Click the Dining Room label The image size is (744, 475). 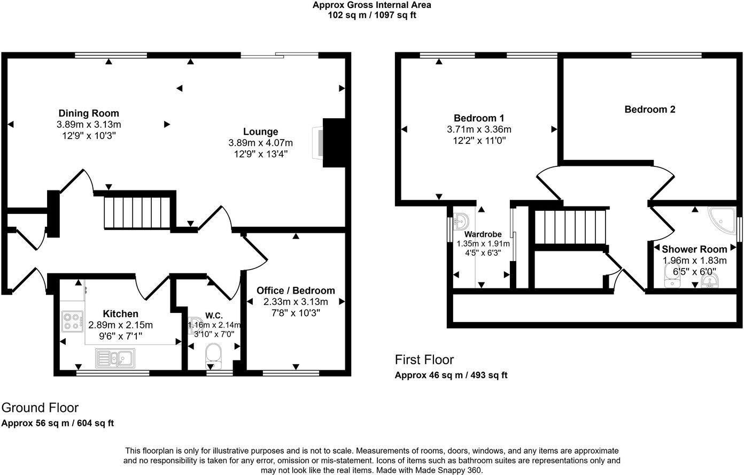tap(89, 113)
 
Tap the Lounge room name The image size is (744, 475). tap(261, 132)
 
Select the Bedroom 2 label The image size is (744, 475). tap(650, 109)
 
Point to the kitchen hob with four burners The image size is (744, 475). tap(72, 321)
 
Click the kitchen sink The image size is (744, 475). tap(115, 358)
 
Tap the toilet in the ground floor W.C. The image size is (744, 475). tap(213, 356)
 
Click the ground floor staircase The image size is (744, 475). tap(138, 213)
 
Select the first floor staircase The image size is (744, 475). tap(570, 227)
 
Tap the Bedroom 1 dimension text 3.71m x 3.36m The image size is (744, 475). tap(479, 129)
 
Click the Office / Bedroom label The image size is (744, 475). tap(296, 290)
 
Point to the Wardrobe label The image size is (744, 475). tap(483, 234)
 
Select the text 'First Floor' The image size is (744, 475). tap(424, 359)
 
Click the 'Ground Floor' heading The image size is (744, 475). tap(40, 408)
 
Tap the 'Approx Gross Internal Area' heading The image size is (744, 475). tap(371, 5)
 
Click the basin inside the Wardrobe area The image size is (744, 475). tap(461, 221)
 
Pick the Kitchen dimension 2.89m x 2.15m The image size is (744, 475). tap(121, 325)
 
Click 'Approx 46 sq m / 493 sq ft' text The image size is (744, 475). tap(451, 376)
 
